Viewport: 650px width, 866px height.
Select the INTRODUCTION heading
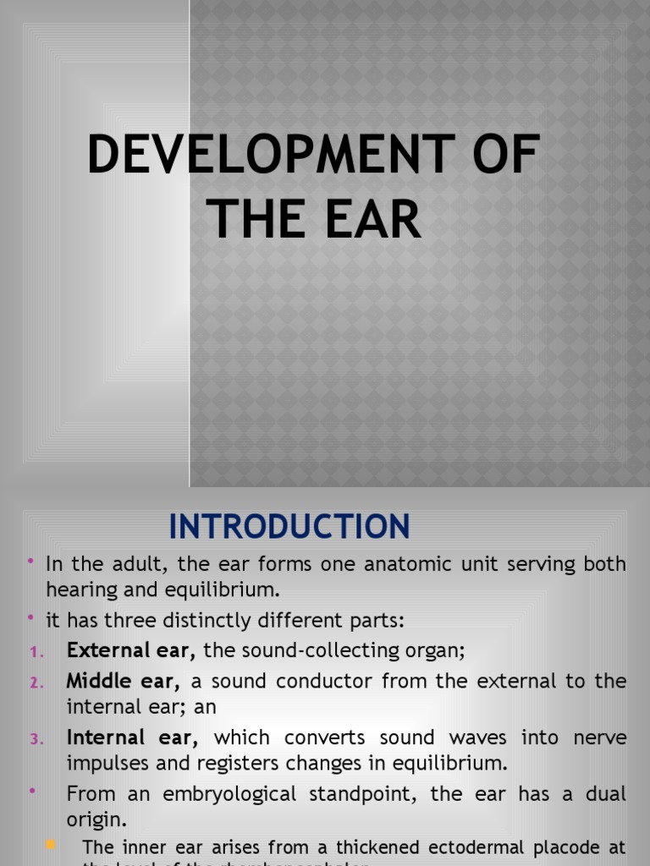[x=289, y=527]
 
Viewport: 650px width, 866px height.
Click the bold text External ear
[x=131, y=650]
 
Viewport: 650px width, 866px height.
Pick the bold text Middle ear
[x=124, y=681]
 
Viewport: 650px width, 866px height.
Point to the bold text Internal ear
[x=132, y=738]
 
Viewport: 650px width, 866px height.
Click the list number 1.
[x=35, y=652]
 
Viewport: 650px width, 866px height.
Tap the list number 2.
[x=36, y=682]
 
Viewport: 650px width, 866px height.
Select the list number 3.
[x=36, y=740]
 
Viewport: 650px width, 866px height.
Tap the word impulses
[x=106, y=763]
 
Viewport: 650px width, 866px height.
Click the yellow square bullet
[x=50, y=845]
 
